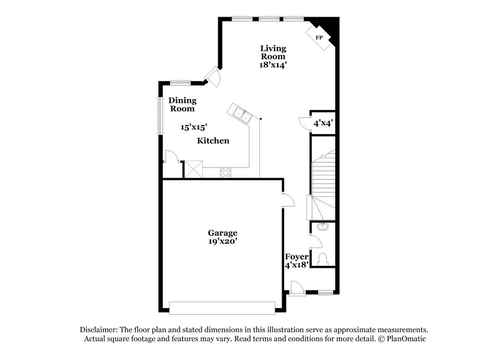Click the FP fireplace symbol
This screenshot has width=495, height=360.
coord(320,38)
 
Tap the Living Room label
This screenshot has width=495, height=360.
coord(272,52)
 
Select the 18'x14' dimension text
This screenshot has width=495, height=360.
coord(272,64)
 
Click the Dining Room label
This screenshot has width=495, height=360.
coord(183,105)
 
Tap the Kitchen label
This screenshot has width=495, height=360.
coord(213,141)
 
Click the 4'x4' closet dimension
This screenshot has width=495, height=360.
coord(323,123)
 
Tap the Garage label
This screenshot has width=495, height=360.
coord(222,233)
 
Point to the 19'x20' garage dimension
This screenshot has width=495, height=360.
coord(222,242)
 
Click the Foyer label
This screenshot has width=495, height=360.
coord(296,257)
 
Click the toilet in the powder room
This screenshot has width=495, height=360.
coord(321,258)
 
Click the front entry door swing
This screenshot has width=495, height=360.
coord(297,286)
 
